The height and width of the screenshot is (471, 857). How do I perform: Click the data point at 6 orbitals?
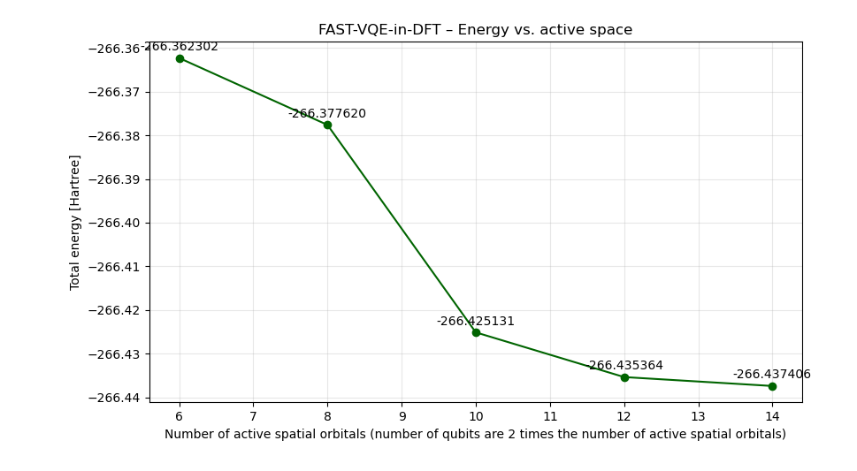point(180,58)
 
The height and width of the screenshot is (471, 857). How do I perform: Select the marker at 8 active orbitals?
point(327,125)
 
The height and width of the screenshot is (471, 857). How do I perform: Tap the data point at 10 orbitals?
point(476,332)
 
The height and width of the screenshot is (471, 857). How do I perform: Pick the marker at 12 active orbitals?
point(624,377)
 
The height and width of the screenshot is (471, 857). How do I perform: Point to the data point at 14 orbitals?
point(772,386)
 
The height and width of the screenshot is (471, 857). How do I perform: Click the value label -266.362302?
point(180,47)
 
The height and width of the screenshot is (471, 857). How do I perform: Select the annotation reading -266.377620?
point(327,114)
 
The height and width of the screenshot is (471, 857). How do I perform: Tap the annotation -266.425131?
point(476,322)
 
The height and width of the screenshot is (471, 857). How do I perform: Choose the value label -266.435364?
point(624,366)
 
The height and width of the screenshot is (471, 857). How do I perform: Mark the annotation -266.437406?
point(772,375)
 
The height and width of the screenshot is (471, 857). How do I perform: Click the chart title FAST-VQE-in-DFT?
point(475,30)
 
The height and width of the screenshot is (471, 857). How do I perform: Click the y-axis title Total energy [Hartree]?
point(75,222)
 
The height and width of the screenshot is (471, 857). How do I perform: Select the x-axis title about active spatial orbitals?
point(475,434)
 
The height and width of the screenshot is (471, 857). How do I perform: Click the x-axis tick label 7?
point(253,416)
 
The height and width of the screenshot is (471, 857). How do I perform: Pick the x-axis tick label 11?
point(549,416)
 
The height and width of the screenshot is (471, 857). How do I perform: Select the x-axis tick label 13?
point(698,416)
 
